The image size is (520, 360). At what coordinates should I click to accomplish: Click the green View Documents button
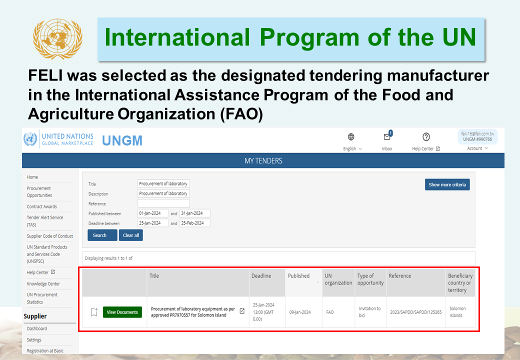coord(122,312)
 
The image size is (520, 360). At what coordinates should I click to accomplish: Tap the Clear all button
coord(130,235)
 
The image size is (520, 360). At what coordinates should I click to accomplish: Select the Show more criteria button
coord(447,184)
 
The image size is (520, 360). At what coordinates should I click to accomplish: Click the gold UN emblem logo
coord(57,39)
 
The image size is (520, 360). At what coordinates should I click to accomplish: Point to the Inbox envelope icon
coord(387,136)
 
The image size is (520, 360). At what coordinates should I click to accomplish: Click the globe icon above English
coord(351,136)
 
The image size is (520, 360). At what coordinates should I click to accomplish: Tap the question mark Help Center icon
coord(426,136)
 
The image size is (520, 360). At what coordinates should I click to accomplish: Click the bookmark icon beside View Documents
coord(94,312)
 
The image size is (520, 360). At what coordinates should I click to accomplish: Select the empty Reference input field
coord(163,203)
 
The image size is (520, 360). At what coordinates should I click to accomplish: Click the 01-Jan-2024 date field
coord(152,213)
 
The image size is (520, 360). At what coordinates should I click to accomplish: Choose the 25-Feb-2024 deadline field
coord(194,223)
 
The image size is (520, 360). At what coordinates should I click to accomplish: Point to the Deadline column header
coord(261,276)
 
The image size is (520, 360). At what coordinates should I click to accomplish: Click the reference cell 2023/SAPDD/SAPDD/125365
coord(416,312)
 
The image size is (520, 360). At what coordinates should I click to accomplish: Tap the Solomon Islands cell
coord(457,312)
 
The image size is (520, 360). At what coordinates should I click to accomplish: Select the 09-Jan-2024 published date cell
coord(300,312)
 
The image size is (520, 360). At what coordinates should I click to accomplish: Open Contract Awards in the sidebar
coord(42,206)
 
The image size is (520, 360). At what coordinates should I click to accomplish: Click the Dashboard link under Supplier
coord(37,328)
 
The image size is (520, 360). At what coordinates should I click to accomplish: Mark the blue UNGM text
coord(122,140)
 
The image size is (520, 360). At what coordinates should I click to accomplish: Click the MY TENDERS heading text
coord(263,161)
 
